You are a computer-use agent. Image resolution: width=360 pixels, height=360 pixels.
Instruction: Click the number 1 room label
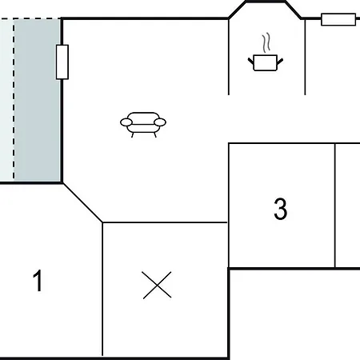(x=38, y=281)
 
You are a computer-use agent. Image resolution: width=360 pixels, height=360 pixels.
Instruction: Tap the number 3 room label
(x=281, y=209)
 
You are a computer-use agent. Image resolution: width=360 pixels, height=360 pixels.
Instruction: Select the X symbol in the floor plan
(x=157, y=285)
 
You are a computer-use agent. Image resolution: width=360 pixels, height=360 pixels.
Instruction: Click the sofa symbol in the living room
(x=143, y=125)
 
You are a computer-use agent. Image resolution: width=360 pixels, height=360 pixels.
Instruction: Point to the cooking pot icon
(x=266, y=62)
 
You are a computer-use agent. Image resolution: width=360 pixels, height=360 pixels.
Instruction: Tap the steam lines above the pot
(x=266, y=42)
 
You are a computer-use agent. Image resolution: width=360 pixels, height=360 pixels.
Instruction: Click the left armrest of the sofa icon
(x=126, y=122)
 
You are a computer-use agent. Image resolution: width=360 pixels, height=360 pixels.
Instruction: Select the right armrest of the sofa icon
(x=160, y=122)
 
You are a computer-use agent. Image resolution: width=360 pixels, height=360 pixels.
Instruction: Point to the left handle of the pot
(x=251, y=61)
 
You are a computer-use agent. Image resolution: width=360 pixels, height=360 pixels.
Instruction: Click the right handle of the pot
(x=280, y=62)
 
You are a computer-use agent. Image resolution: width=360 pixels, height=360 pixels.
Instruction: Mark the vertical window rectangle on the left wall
(x=62, y=62)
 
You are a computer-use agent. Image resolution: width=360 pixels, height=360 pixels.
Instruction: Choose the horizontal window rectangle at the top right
(x=338, y=19)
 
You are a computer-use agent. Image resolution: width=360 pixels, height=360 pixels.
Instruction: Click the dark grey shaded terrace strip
(x=37, y=100)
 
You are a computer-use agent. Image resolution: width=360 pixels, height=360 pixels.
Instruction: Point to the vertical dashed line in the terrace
(x=14, y=100)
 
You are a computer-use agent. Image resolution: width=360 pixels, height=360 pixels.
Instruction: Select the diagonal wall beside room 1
(x=82, y=202)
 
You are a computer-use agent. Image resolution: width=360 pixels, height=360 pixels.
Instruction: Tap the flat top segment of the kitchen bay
(x=266, y=2)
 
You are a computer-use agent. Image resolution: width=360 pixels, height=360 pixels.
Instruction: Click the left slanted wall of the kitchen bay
(x=237, y=10)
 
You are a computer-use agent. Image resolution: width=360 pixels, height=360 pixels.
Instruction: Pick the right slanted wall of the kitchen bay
(x=294, y=10)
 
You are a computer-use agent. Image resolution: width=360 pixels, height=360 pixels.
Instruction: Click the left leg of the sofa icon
(x=132, y=135)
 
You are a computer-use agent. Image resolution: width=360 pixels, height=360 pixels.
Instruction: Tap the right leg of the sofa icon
(x=155, y=135)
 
